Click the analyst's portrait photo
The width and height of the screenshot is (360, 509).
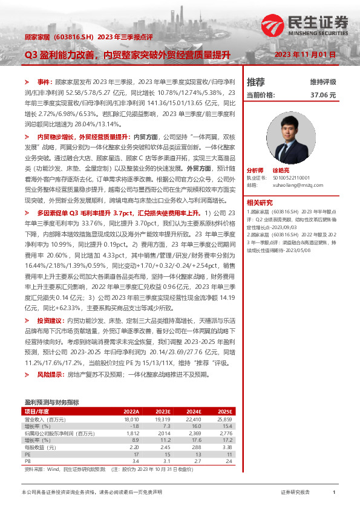click(302, 136)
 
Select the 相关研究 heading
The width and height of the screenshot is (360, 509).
click(260, 202)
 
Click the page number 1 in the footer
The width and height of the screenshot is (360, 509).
click(334, 493)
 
